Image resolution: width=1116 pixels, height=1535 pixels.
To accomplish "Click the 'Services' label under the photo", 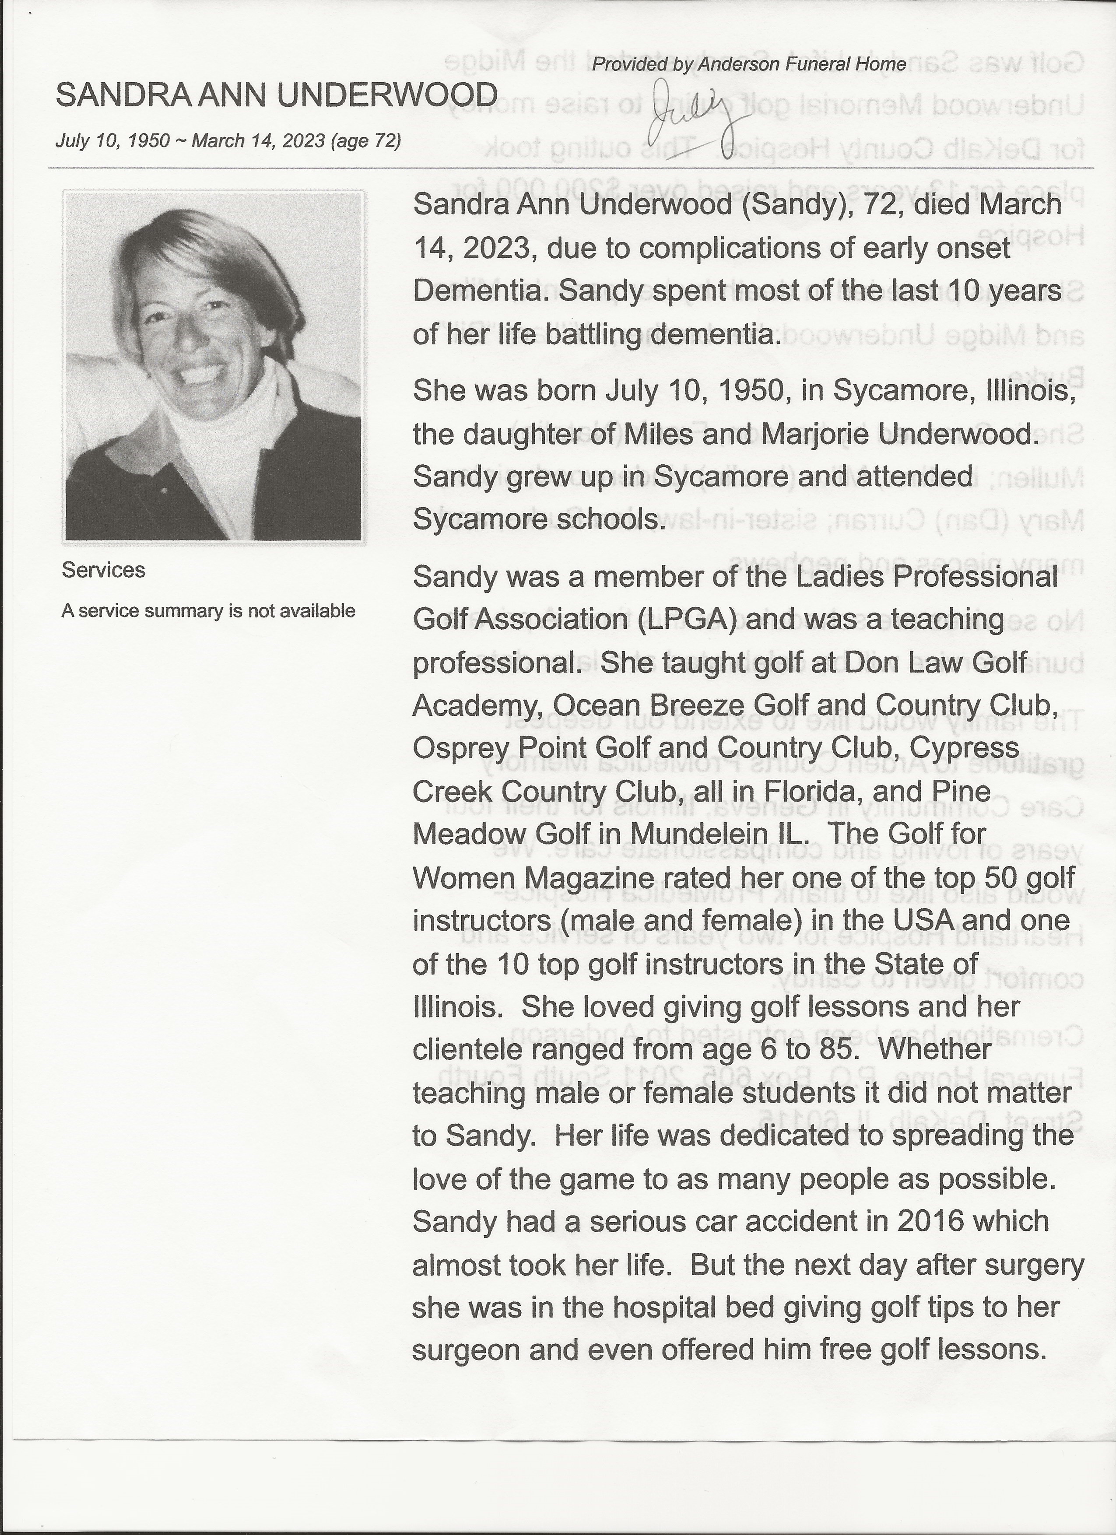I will point(103,571).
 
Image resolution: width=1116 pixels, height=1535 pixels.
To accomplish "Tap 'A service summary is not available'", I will point(208,611).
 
